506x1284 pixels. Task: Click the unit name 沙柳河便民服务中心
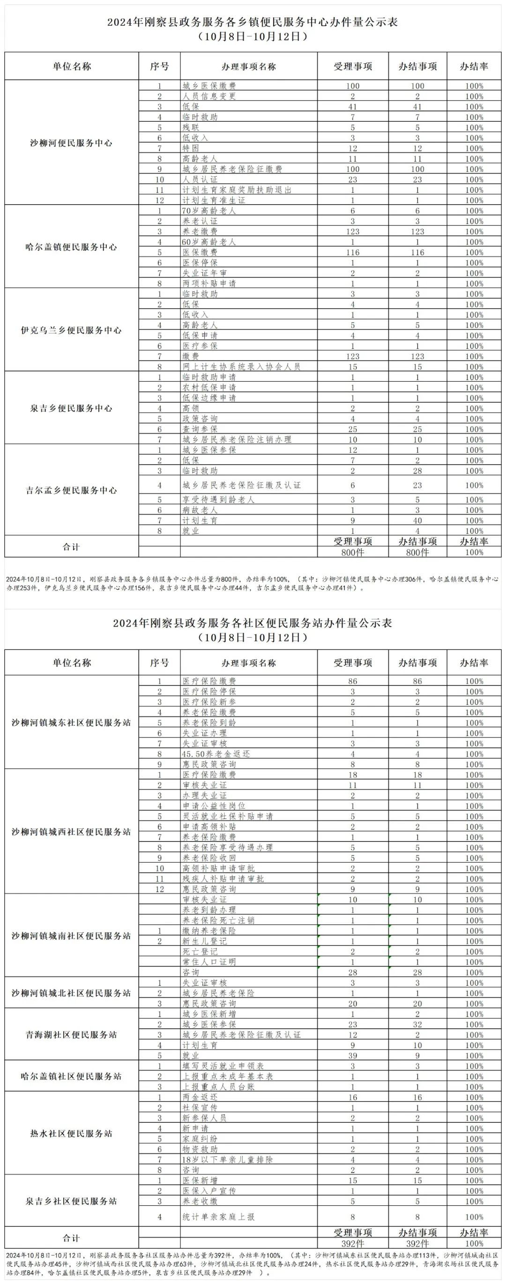point(71,143)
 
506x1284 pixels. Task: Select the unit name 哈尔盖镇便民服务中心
point(71,247)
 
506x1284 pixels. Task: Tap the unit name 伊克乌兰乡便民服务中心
point(71,331)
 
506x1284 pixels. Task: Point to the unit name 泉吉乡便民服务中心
point(71,408)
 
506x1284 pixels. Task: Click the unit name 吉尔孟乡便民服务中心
point(71,490)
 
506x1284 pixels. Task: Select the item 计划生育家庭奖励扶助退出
point(236,190)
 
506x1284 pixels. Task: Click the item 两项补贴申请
point(209,284)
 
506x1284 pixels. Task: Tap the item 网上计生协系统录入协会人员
point(241,367)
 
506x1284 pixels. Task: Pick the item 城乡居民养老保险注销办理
point(236,440)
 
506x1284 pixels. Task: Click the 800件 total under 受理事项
point(352,552)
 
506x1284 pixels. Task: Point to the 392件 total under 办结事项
point(417,1244)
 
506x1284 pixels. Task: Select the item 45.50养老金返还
point(216,754)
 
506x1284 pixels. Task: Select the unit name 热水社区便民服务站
point(71,1134)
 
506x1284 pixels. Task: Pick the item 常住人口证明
point(209,962)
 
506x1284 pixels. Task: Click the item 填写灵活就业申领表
point(223,1066)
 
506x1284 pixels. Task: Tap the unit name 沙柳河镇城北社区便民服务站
point(71,993)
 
